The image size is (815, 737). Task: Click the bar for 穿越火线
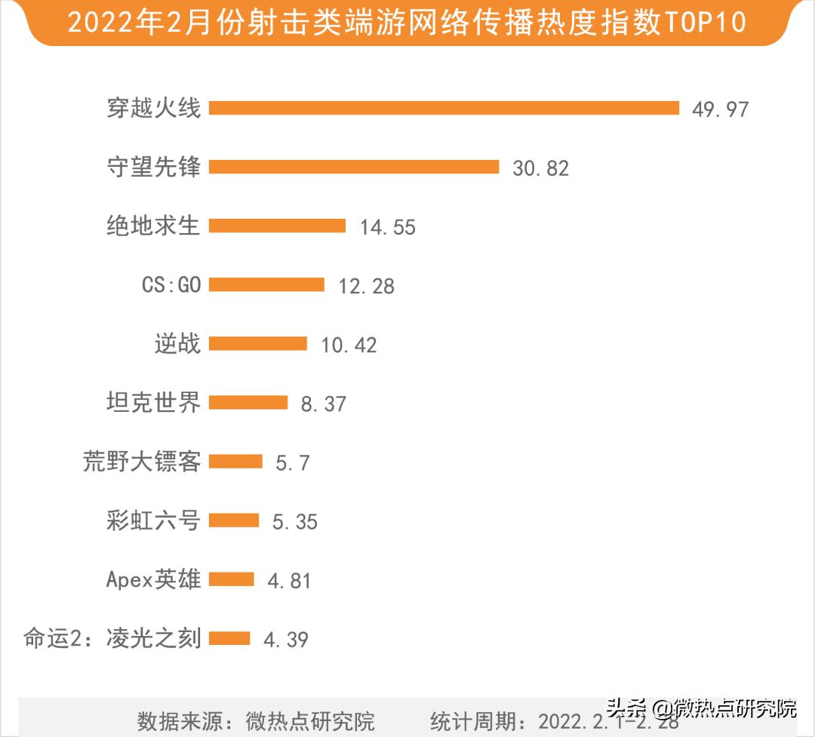pyautogui.click(x=444, y=108)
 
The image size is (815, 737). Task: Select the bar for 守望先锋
pyautogui.click(x=354, y=167)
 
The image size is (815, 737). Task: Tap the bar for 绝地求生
pyautogui.click(x=277, y=226)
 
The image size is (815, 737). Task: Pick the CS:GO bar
pyautogui.click(x=266, y=284)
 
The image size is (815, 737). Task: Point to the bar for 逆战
pyautogui.click(x=257, y=344)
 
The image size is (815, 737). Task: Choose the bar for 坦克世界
pyautogui.click(x=248, y=402)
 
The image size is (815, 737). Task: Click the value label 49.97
pyautogui.click(x=720, y=109)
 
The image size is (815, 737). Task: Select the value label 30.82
pyautogui.click(x=540, y=168)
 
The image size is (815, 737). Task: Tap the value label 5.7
pyautogui.click(x=292, y=462)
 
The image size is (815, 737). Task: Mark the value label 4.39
pyautogui.click(x=285, y=640)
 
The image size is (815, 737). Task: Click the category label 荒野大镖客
pyautogui.click(x=142, y=461)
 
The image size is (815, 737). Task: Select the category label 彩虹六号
pyautogui.click(x=153, y=520)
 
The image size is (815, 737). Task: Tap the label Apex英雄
pyautogui.click(x=153, y=579)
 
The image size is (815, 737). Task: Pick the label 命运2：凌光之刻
pyautogui.click(x=112, y=638)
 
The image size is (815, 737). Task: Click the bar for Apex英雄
pyautogui.click(x=231, y=579)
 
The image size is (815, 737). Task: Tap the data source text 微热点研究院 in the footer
pyautogui.click(x=310, y=720)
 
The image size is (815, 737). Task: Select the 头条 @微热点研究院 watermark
pyautogui.click(x=701, y=708)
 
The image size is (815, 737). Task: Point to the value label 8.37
pyautogui.click(x=323, y=404)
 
